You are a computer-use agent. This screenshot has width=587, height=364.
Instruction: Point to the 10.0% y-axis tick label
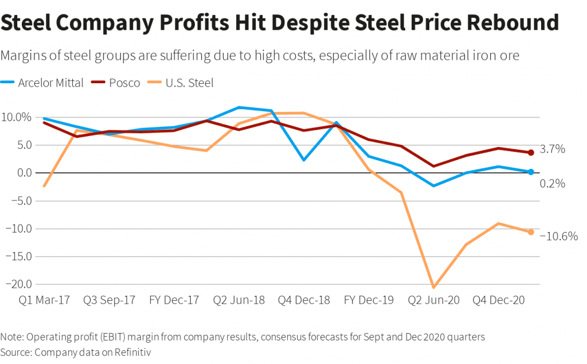pos(18,117)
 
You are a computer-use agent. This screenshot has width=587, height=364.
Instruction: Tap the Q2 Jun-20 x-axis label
pos(434,300)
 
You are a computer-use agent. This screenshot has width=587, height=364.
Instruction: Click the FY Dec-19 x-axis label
pos(369,300)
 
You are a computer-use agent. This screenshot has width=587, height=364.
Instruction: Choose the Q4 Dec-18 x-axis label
pos(304,300)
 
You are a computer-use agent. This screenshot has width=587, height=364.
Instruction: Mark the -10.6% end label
pos(558,236)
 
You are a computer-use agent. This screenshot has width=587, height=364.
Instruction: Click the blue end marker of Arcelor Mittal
pos(531,172)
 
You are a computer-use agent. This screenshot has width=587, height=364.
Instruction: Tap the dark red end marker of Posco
pos(531,152)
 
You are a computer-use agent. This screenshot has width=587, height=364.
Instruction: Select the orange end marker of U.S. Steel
pos(531,232)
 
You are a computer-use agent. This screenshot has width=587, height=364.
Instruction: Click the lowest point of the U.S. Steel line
pos(434,287)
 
